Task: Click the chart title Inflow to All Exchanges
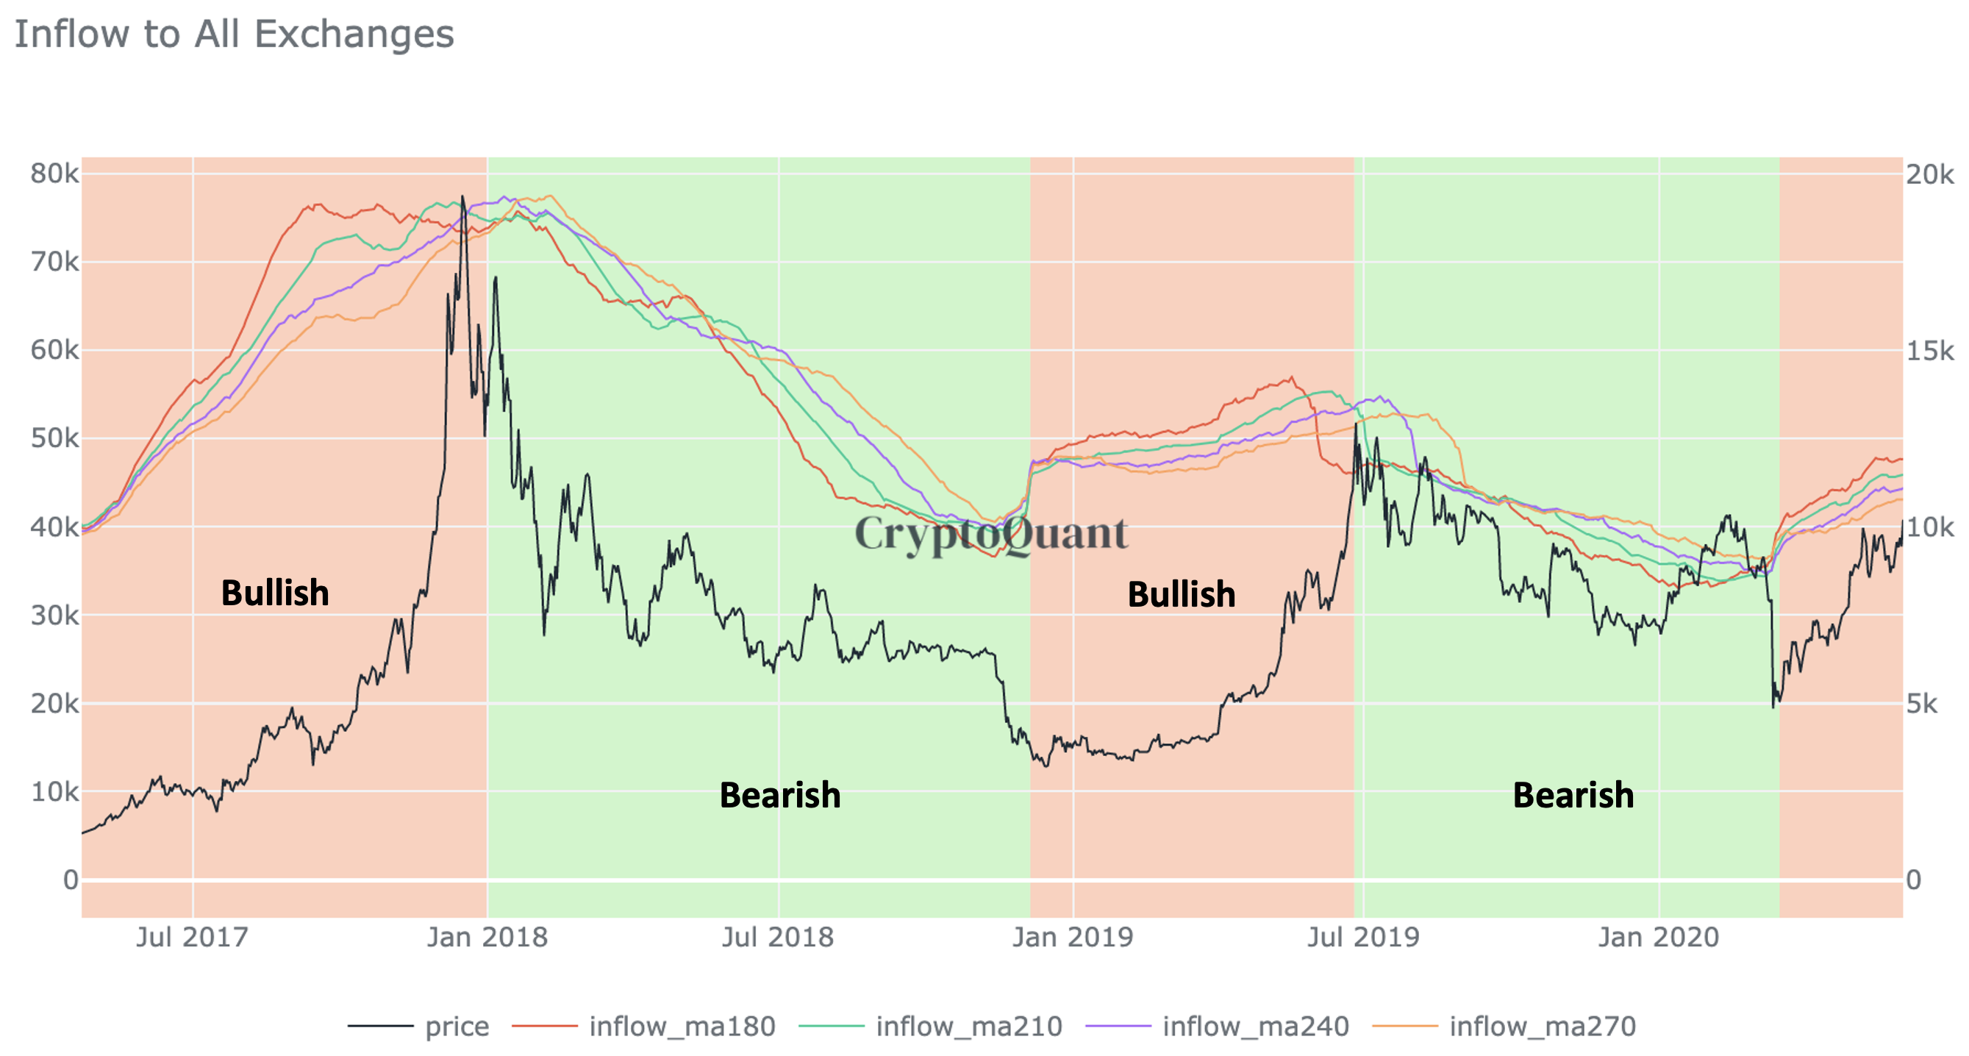[234, 35]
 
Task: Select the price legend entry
[457, 1026]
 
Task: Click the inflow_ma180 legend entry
[682, 1026]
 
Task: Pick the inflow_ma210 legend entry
[968, 1026]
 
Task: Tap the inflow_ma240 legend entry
[1255, 1026]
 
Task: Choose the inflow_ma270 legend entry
[1542, 1026]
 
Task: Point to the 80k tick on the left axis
[54, 174]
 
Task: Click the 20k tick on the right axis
[1929, 174]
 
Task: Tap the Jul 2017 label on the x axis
[193, 937]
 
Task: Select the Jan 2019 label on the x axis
[1073, 937]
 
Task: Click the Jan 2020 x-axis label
[1658, 937]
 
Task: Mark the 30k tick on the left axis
[54, 616]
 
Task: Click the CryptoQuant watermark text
[990, 534]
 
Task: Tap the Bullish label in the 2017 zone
[275, 593]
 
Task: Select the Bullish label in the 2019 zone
[1181, 595]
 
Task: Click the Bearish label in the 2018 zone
[779, 795]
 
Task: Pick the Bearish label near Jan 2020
[1573, 795]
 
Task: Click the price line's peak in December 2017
[462, 196]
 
